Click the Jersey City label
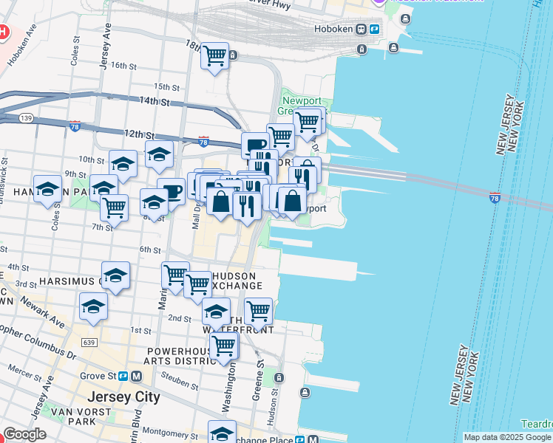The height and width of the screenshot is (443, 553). (123, 396)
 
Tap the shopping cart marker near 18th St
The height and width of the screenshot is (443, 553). (214, 56)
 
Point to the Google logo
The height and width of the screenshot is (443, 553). (25, 434)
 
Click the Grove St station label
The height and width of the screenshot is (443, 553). (100, 375)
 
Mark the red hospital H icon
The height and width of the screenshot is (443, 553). (3, 32)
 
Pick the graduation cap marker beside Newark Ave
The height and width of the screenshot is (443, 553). (94, 307)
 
